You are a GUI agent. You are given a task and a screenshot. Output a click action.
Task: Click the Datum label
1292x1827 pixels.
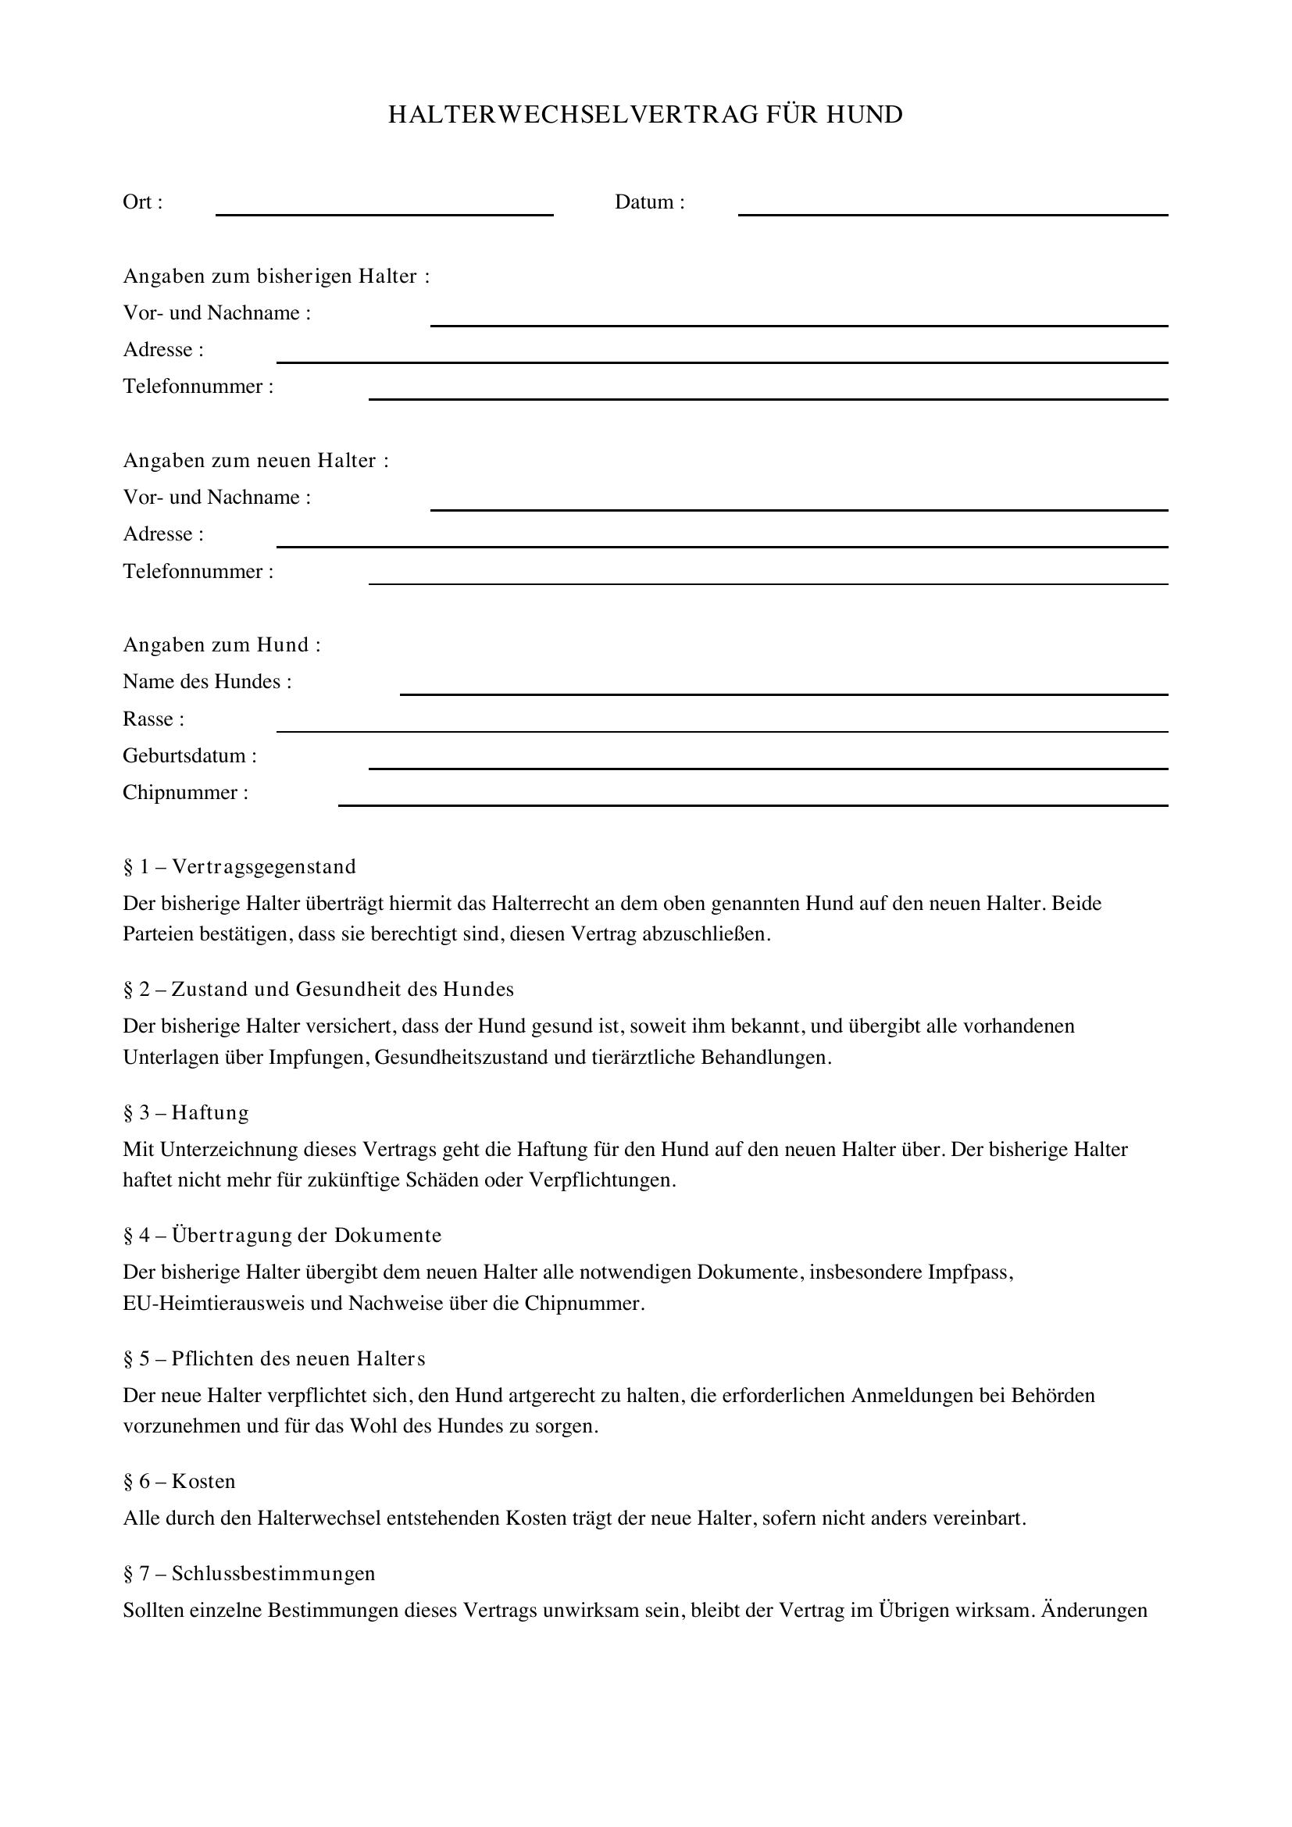(648, 202)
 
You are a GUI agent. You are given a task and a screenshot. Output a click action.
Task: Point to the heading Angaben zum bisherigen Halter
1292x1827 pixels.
(275, 276)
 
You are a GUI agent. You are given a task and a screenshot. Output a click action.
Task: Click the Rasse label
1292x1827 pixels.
(153, 719)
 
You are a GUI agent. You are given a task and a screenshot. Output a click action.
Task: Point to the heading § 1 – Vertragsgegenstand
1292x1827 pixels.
(239, 866)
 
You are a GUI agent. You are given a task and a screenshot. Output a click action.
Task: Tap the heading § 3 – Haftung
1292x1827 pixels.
(185, 1112)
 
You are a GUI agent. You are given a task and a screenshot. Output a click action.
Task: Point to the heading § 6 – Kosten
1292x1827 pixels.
(179, 1482)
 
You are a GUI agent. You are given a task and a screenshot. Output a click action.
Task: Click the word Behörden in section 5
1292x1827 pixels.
(1052, 1396)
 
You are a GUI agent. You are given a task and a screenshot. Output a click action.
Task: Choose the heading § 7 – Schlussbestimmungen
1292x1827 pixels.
(248, 1573)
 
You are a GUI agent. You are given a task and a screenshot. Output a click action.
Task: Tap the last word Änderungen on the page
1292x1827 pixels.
(1094, 1611)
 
